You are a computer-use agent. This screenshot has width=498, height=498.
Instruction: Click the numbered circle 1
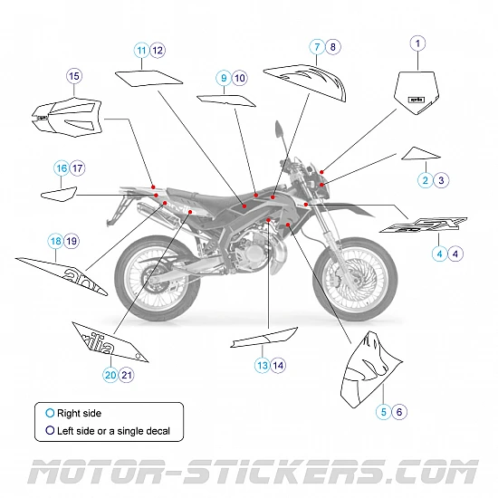tap(417, 43)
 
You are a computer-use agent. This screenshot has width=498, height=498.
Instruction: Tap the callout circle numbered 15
tap(74, 76)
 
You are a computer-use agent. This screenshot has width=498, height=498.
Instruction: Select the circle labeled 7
tap(317, 46)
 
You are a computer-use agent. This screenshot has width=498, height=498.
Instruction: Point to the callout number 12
tap(158, 51)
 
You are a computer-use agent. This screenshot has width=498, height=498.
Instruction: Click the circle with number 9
tap(223, 79)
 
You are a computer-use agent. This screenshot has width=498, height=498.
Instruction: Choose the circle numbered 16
tap(62, 168)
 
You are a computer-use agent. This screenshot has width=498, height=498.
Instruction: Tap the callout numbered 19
tap(72, 241)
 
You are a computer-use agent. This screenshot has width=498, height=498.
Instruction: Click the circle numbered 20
tap(110, 374)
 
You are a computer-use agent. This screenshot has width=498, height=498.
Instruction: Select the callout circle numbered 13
tap(262, 365)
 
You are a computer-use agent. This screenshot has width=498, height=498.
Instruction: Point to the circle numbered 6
tap(399, 412)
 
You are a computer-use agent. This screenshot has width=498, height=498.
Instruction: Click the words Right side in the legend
tap(79, 413)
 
